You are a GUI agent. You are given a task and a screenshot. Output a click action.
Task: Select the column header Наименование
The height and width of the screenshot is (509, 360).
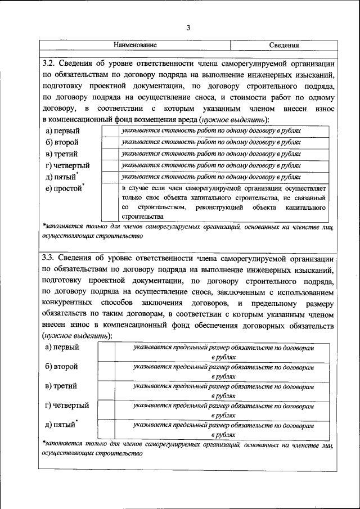tap(135, 45)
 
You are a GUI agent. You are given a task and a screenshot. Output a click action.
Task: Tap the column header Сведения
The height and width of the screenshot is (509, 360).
tap(283, 45)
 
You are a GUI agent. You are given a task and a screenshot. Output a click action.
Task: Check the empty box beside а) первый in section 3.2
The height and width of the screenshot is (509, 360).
tap(110, 130)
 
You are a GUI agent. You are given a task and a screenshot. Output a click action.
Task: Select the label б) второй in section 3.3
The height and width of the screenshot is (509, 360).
tap(61, 367)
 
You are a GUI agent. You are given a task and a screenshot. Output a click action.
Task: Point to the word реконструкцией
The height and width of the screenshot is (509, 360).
tap(218, 208)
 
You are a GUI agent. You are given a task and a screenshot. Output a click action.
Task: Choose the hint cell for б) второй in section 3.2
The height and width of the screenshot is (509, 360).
tap(223, 142)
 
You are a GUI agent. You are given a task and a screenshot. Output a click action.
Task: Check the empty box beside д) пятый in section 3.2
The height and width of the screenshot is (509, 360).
tap(110, 177)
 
